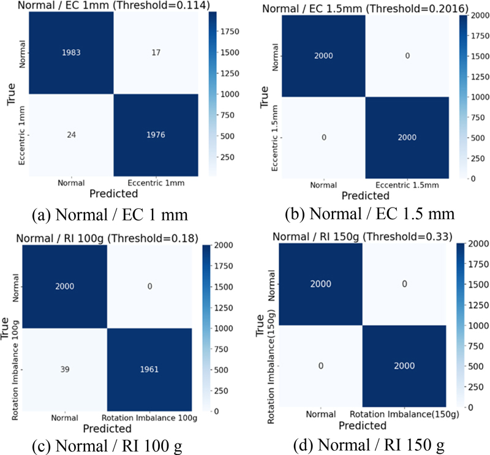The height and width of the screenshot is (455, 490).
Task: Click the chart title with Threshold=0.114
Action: coord(105,6)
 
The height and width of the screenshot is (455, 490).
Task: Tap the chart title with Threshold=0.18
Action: coord(105,239)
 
